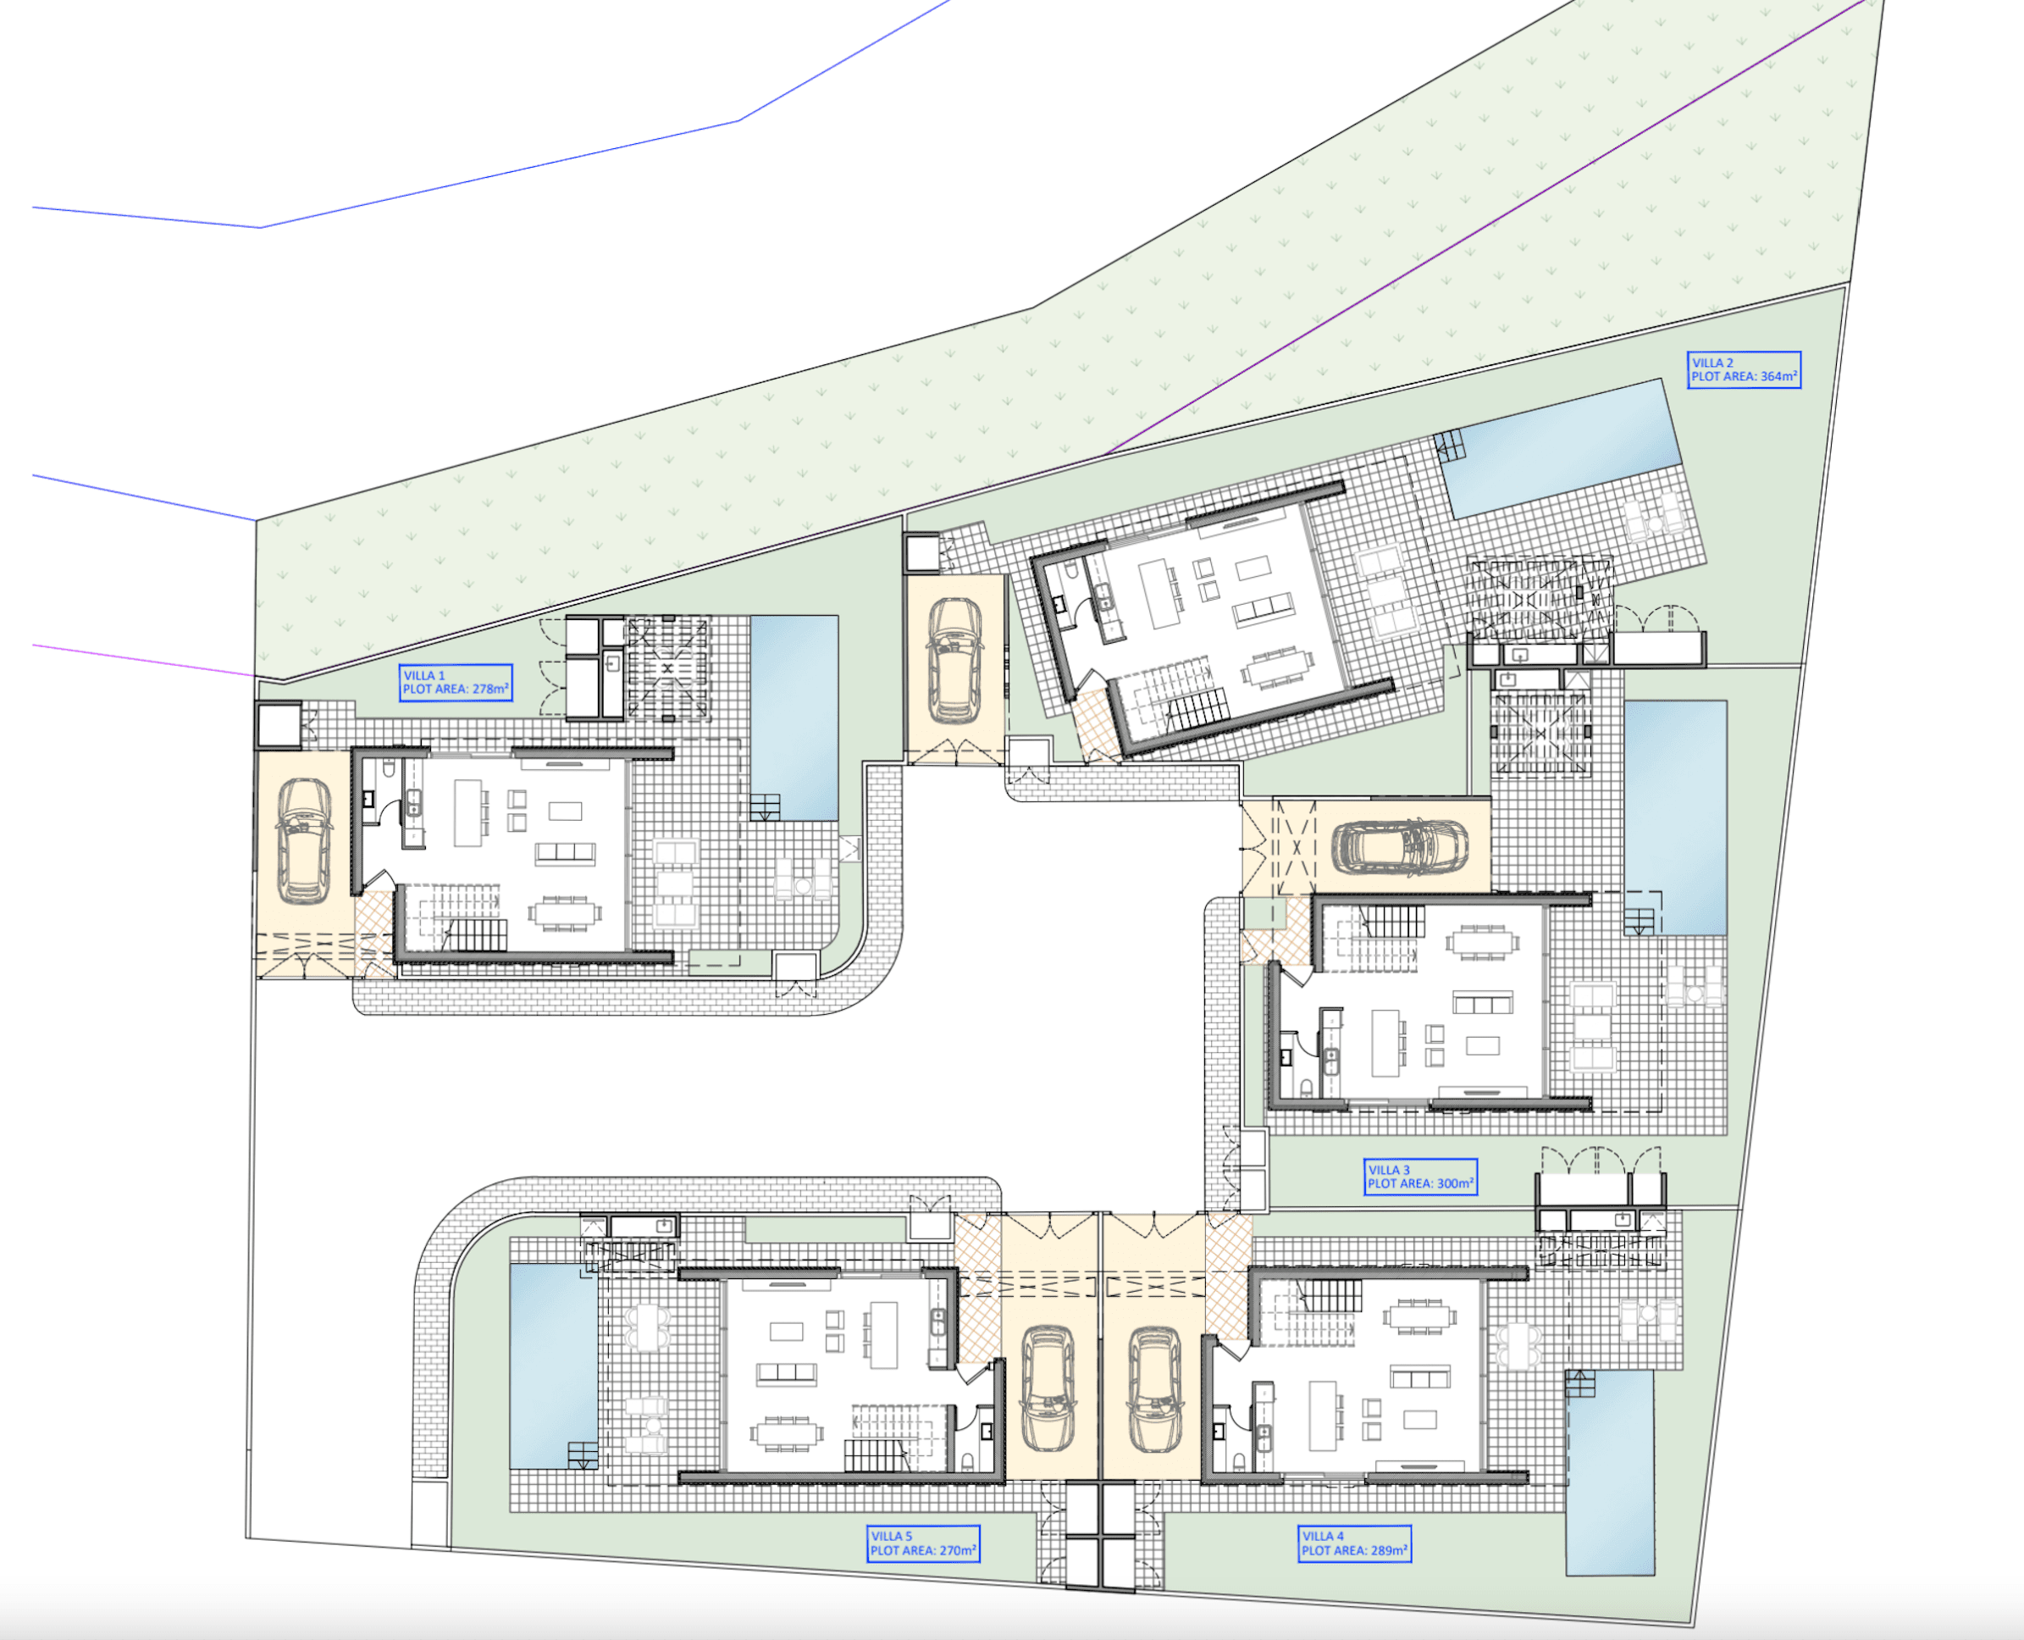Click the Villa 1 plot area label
(456, 682)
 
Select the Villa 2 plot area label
(1744, 369)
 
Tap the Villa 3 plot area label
(1419, 1177)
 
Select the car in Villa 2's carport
(955, 661)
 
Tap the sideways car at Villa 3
(1400, 845)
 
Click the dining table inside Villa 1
(564, 912)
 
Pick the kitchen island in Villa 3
(1385, 1043)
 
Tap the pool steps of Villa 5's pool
(583, 1454)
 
